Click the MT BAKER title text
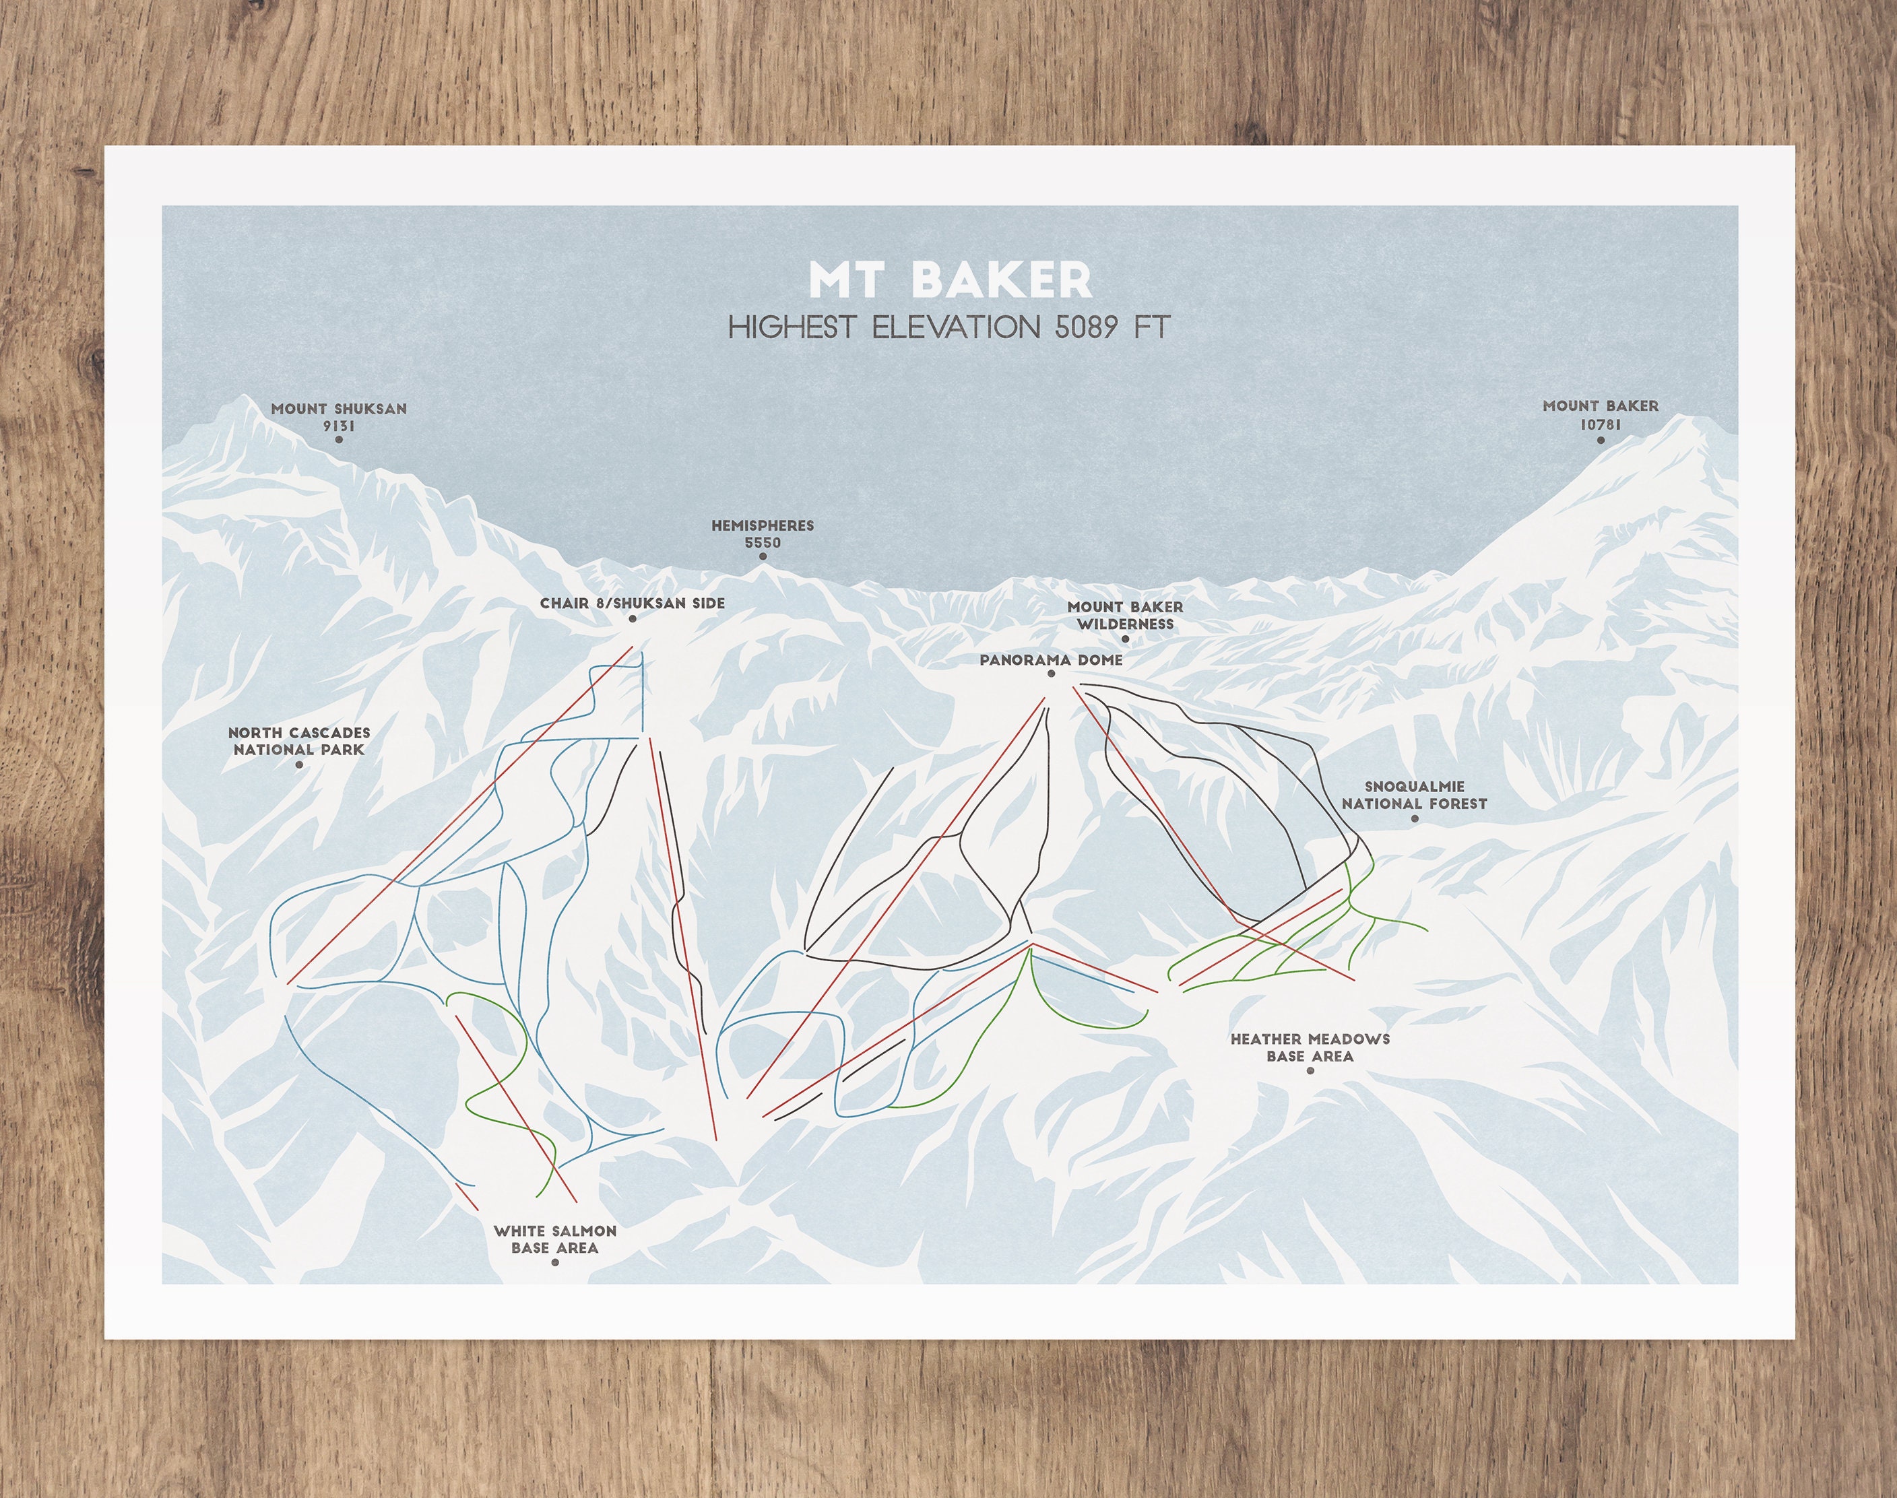coord(950,280)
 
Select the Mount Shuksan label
coord(339,409)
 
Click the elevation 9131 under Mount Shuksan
coord(339,426)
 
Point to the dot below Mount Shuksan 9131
coord(339,439)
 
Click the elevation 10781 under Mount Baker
coord(1601,424)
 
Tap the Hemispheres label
coord(762,526)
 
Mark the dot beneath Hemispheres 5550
coord(762,556)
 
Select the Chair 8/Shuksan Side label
coord(633,604)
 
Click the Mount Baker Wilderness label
coord(1125,616)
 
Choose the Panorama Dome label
coord(1051,660)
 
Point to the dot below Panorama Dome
coord(1051,674)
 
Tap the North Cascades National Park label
coord(299,741)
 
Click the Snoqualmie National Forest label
coord(1414,795)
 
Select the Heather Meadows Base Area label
coord(1310,1047)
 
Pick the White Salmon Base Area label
coord(554,1239)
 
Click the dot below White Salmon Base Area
coord(554,1263)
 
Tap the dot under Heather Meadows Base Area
coord(1310,1071)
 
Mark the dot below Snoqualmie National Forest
coord(1415,819)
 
